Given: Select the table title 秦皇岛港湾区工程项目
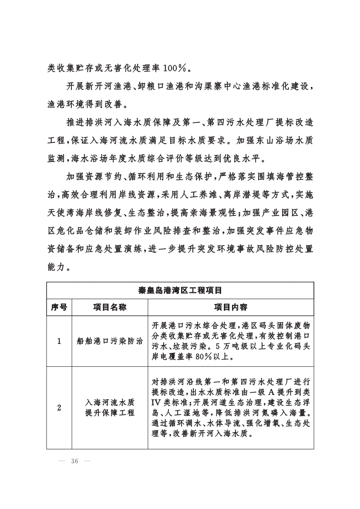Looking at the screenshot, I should click(180, 290).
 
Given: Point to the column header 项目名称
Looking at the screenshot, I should click(110, 307).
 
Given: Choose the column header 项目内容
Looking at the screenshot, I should click(231, 307).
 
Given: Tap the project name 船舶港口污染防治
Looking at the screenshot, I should click(110, 341).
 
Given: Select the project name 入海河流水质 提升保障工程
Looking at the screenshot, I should click(110, 408).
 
